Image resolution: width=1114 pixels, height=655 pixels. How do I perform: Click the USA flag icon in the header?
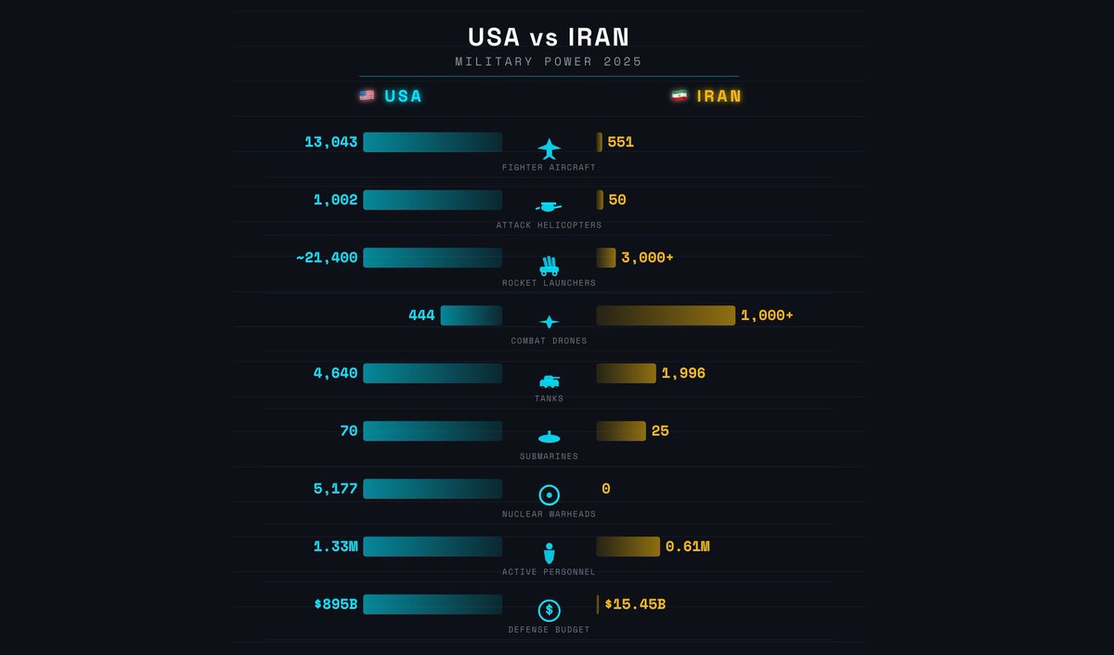click(x=367, y=96)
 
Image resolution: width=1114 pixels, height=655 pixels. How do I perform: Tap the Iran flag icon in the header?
click(x=680, y=96)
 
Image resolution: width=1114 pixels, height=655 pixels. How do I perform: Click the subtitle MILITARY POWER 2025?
click(x=549, y=61)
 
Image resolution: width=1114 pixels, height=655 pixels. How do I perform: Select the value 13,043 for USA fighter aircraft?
click(x=330, y=142)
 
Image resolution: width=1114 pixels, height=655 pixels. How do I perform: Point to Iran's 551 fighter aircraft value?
click(x=620, y=142)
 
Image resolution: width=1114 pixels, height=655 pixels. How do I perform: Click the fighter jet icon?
click(x=549, y=148)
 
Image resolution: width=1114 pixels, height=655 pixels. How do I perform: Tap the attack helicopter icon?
click(x=549, y=206)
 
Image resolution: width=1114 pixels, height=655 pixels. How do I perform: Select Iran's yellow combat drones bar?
click(x=665, y=315)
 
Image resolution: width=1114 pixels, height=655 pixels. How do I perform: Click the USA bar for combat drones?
click(x=471, y=315)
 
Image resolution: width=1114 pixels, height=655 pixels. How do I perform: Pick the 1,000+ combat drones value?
click(x=767, y=315)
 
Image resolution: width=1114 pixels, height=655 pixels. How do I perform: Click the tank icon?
click(x=549, y=380)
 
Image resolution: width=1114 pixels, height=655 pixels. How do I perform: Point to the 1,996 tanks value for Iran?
click(x=683, y=373)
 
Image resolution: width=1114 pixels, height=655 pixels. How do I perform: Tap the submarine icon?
click(x=549, y=437)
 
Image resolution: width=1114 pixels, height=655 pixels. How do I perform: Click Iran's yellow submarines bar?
click(x=620, y=430)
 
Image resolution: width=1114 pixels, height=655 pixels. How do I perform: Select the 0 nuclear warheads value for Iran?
click(x=605, y=489)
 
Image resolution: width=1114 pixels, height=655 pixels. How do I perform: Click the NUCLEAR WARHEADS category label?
click(x=549, y=514)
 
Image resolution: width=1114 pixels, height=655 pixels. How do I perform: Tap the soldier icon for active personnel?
click(x=549, y=553)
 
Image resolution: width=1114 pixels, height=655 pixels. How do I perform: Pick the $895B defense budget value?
click(x=335, y=604)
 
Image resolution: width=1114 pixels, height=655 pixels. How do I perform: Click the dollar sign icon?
click(x=549, y=610)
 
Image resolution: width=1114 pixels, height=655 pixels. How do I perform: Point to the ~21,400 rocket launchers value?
click(x=327, y=258)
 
